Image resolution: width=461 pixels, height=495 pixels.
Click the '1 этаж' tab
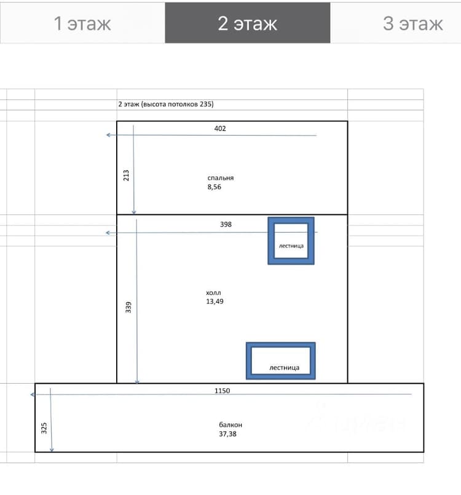(82, 23)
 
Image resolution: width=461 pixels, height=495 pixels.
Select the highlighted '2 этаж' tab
(248, 23)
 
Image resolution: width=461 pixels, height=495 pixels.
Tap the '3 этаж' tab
(412, 23)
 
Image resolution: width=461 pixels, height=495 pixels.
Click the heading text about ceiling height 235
(166, 104)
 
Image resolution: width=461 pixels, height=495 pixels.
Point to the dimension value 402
(220, 128)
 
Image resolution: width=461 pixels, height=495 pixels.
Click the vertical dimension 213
(126, 175)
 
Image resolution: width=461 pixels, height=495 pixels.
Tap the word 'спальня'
(221, 178)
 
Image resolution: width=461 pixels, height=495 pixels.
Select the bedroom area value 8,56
(215, 187)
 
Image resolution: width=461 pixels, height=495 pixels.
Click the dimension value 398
(226, 224)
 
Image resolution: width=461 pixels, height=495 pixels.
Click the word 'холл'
(213, 293)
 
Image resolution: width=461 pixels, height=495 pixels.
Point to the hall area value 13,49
(215, 302)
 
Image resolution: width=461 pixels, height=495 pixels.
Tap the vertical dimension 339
(128, 307)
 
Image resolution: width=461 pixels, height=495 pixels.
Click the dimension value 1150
(222, 391)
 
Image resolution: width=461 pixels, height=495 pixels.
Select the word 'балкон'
(230, 425)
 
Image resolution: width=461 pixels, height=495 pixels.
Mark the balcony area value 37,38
(227, 434)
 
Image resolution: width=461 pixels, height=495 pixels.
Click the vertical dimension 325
(44, 428)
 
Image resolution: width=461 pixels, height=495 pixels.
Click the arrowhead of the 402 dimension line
(108, 134)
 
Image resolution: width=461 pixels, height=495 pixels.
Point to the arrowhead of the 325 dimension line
(52, 450)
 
